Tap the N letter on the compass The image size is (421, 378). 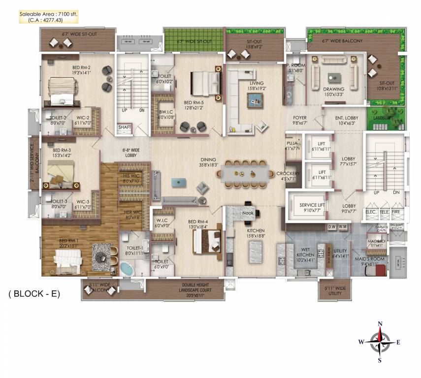[x=380, y=323]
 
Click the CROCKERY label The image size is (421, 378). [x=288, y=173]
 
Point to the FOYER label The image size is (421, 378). [x=300, y=118]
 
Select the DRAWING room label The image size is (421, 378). [x=333, y=89]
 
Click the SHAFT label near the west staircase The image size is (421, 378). [x=125, y=126]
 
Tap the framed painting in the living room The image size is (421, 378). [x=255, y=100]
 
